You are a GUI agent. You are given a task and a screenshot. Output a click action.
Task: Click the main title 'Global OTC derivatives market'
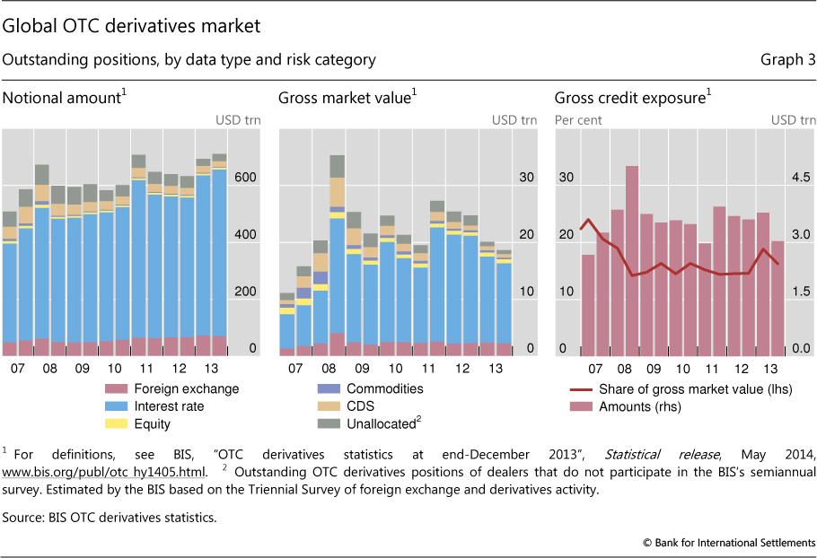132,26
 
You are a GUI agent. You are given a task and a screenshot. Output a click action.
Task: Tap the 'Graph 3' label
789,60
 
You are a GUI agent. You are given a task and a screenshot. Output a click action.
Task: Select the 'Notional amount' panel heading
62,97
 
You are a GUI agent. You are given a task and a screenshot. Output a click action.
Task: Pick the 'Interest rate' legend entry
169,406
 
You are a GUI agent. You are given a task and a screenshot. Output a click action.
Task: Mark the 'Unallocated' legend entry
376,423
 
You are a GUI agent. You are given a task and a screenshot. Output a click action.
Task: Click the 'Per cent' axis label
578,119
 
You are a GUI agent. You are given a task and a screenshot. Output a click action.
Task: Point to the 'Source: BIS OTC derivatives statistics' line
110,518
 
